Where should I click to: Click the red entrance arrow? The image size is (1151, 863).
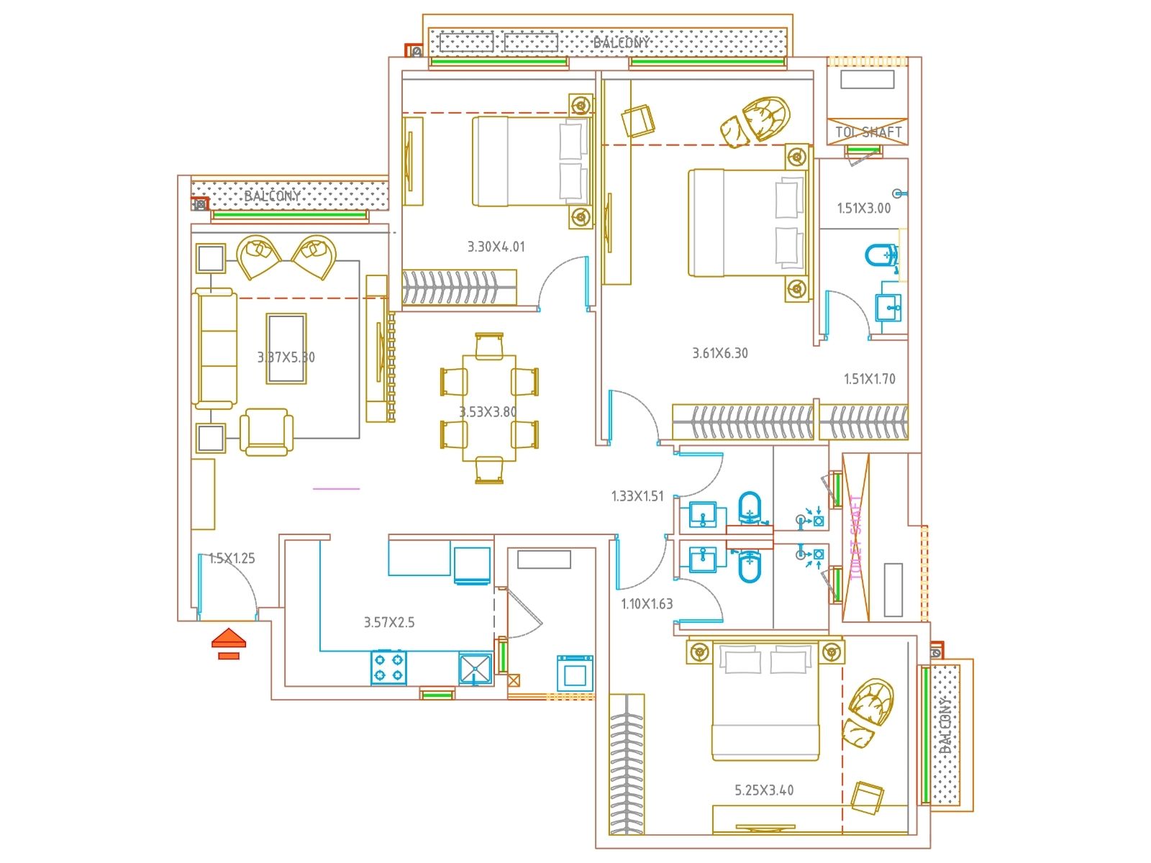[229, 639]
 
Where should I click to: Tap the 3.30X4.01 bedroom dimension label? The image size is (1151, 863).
[496, 247]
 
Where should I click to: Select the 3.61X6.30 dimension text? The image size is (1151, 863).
[719, 353]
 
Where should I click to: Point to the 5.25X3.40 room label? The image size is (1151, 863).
[764, 790]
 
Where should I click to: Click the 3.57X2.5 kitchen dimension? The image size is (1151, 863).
[388, 623]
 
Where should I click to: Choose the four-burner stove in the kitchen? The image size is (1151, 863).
[388, 667]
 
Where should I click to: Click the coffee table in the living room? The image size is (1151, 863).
[286, 349]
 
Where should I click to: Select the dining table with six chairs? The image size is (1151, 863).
[489, 408]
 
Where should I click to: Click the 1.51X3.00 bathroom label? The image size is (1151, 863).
[863, 209]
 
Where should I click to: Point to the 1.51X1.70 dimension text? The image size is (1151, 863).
[869, 379]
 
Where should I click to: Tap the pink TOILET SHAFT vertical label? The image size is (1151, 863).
[855, 537]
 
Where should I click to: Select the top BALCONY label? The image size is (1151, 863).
[621, 42]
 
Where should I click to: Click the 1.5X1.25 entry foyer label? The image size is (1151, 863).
[232, 559]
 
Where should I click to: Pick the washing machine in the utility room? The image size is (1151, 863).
[574, 673]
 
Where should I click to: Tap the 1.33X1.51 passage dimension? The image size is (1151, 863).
[637, 496]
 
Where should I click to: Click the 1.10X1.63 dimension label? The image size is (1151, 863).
[647, 604]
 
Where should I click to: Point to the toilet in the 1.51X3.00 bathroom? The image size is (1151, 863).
[881, 255]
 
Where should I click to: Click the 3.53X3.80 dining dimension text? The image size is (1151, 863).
[488, 412]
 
